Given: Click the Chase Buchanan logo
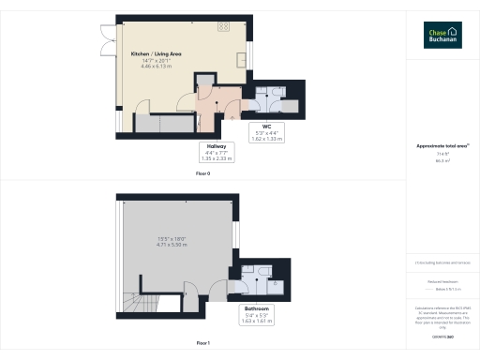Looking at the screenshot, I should click(x=442, y=35).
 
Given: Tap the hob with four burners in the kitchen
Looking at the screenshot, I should click(x=226, y=28).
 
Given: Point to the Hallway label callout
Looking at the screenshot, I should click(x=217, y=153).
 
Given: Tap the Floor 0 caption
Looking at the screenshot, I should click(x=202, y=173).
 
